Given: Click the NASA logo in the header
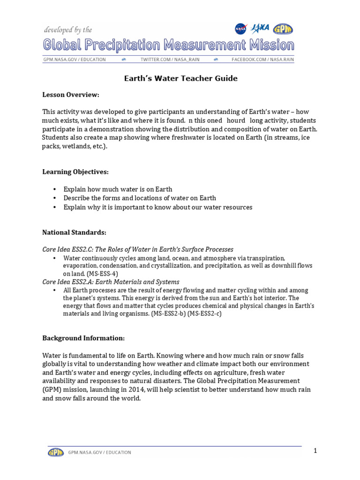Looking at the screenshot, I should pyautogui.click(x=241, y=29).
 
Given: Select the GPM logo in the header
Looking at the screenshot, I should pyautogui.click(x=283, y=29).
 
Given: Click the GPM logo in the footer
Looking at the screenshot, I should pyautogui.click(x=56, y=452).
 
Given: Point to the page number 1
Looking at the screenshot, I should pyautogui.click(x=316, y=451).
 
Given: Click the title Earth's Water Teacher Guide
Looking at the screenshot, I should pyautogui.click(x=180, y=78).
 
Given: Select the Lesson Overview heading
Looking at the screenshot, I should pyautogui.click(x=71, y=95).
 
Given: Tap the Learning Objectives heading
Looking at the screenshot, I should pyautogui.click(x=75, y=172).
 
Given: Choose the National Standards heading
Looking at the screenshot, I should pyautogui.click(x=74, y=232).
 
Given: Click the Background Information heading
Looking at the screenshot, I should pyautogui.click(x=83, y=338).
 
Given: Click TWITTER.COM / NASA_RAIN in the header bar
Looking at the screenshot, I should pyautogui.click(x=167, y=60).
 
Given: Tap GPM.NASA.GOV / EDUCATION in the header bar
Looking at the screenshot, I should pyautogui.click(x=75, y=60).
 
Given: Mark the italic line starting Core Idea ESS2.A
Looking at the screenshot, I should pyautogui.click(x=111, y=282).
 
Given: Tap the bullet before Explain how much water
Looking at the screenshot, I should pyautogui.click(x=55, y=189).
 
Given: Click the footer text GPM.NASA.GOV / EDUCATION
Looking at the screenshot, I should pyautogui.click(x=99, y=452).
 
